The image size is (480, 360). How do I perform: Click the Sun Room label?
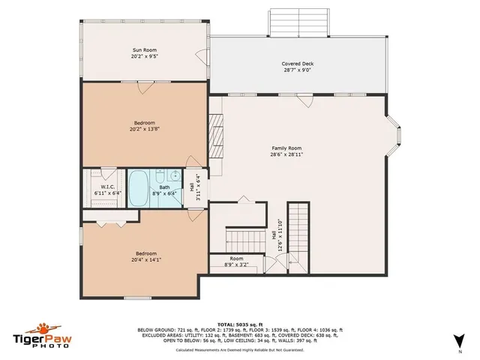(x=144, y=50)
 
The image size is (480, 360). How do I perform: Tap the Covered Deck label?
(x=297, y=64)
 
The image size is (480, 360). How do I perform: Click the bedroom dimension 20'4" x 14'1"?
(x=145, y=260)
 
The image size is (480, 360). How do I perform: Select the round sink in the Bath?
(x=173, y=177)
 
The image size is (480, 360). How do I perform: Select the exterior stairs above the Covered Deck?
(x=299, y=22)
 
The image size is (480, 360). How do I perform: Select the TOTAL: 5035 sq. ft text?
(x=240, y=324)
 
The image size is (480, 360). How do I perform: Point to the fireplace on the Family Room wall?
(x=217, y=134)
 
